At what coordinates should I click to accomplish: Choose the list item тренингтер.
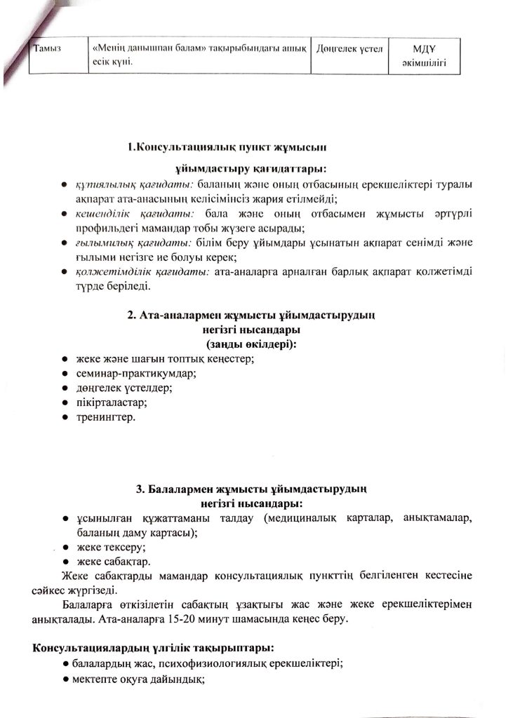(x=105, y=417)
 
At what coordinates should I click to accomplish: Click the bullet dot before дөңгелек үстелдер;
(x=65, y=388)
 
